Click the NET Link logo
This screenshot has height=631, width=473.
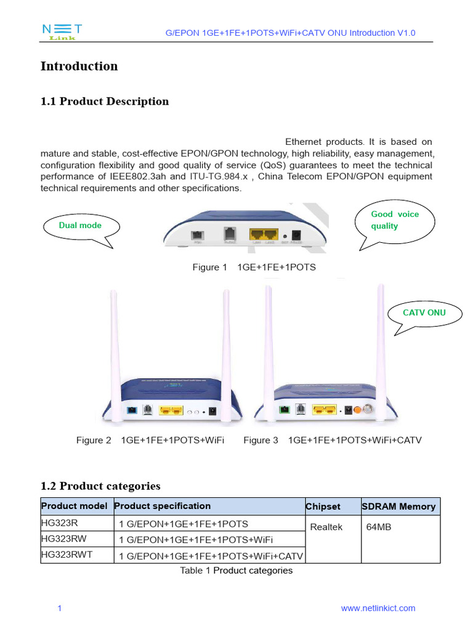[x=62, y=33]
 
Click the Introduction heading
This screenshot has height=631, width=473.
[x=79, y=66]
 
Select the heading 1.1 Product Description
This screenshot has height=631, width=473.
[x=105, y=101]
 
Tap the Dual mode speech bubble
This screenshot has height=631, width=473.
[x=80, y=226]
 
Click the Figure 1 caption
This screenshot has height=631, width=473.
[x=254, y=267]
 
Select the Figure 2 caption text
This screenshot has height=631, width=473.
[x=150, y=440]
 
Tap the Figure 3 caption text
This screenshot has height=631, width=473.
[x=332, y=440]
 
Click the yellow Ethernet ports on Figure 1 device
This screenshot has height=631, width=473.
[x=263, y=235]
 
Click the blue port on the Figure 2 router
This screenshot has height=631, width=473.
[x=132, y=410]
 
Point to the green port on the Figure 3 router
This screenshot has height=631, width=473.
[x=284, y=409]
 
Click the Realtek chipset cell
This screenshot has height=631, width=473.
[x=326, y=527]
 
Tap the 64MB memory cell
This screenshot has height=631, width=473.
[x=378, y=527]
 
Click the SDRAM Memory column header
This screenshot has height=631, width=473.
[x=400, y=507]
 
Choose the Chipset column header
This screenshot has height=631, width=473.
[x=323, y=507]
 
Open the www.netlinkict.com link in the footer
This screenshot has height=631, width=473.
[x=378, y=608]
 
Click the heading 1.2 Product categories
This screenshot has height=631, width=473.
[x=100, y=486]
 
